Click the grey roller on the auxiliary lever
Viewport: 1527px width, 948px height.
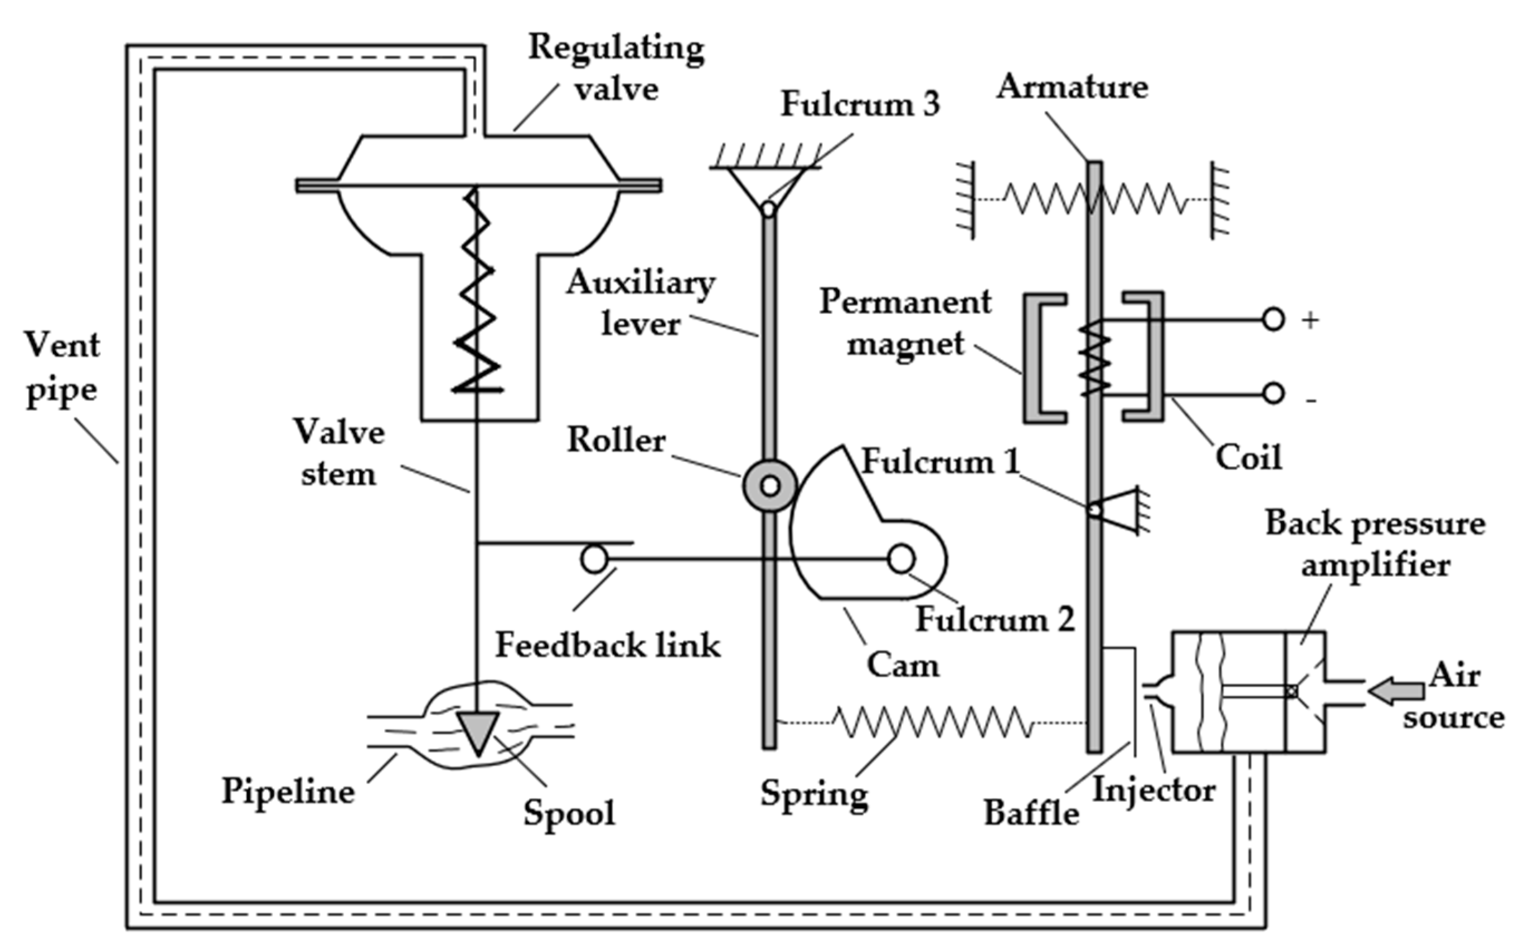pos(770,486)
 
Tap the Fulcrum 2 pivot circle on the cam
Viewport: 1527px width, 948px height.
pos(901,559)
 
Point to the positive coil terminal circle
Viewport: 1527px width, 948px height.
pos(1273,320)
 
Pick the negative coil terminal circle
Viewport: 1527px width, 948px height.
pos(1273,394)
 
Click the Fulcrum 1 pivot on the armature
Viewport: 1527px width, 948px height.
pos(1095,510)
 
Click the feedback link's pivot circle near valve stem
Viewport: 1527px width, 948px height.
pos(594,559)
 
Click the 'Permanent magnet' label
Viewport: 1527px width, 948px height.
pos(905,323)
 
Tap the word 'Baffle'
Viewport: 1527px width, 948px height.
pos(1031,813)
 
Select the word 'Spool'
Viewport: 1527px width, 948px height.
pos(569,813)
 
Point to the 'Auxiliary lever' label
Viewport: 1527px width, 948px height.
pos(641,303)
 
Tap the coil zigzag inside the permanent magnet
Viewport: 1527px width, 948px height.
pos(1095,358)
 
